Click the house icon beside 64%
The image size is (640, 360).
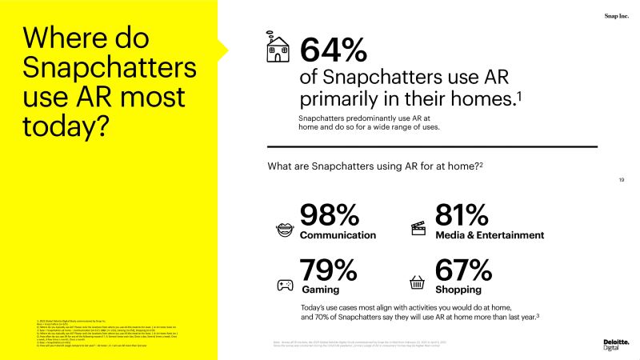[x=278, y=49]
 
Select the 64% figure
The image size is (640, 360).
[x=333, y=50]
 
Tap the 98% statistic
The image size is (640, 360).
[x=329, y=216]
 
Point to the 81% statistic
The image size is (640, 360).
[x=462, y=216]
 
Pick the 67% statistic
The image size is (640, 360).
[x=462, y=270]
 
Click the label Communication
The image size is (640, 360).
[x=338, y=235]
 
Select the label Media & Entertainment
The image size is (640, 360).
[x=490, y=235]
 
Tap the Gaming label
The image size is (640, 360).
[x=320, y=290]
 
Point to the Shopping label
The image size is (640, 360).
[x=458, y=290]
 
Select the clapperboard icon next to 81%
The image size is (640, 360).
[x=418, y=228]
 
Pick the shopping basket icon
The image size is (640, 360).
[x=417, y=283]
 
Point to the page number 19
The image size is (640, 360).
[x=622, y=179]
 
